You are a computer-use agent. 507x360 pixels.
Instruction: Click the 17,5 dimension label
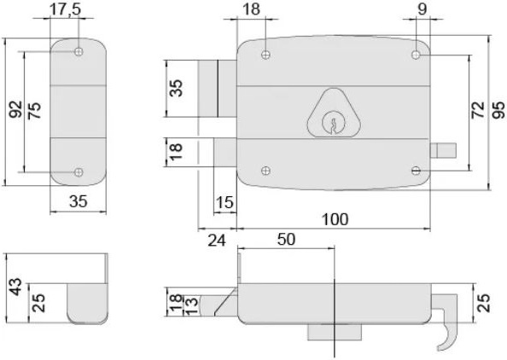tap(66, 9)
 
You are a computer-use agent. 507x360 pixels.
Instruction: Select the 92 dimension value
tap(15, 109)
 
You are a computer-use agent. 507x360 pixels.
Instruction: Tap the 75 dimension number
tap(34, 111)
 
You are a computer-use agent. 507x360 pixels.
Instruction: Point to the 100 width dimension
tap(335, 219)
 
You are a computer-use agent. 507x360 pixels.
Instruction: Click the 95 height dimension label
tap(498, 110)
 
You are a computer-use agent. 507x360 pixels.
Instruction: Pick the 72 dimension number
tap(478, 110)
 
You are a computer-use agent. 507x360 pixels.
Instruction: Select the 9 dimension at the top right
tap(422, 9)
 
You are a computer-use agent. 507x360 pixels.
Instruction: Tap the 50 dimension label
tap(287, 240)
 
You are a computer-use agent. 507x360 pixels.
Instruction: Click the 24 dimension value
tap(217, 241)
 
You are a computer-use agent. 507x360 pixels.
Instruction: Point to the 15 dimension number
tap(224, 203)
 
